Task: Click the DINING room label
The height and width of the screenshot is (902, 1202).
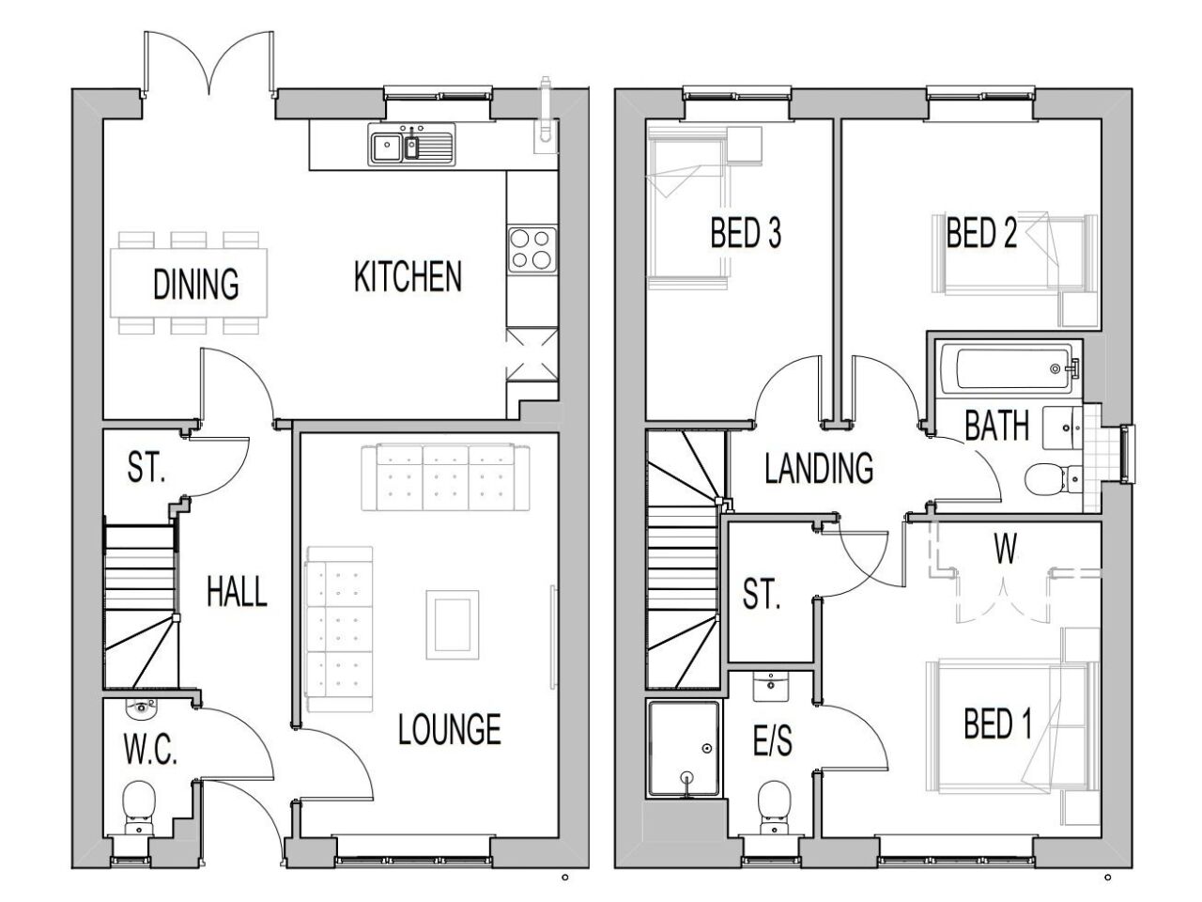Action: click(195, 283)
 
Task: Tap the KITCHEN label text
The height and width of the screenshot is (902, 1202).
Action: click(408, 277)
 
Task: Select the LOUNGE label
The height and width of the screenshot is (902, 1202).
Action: click(449, 729)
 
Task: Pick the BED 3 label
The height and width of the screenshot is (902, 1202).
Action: click(746, 233)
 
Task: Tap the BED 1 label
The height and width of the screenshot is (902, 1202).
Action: click(997, 724)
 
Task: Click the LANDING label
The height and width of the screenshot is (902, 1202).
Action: click(819, 467)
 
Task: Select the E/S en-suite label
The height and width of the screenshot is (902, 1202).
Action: click(773, 741)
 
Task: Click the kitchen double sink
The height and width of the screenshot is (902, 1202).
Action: click(410, 147)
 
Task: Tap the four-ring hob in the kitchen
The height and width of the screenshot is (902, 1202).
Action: click(530, 248)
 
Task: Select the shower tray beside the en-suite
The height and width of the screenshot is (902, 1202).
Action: click(684, 750)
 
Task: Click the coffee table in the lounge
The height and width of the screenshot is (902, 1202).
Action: click(454, 624)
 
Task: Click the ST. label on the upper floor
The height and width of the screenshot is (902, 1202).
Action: click(761, 595)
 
